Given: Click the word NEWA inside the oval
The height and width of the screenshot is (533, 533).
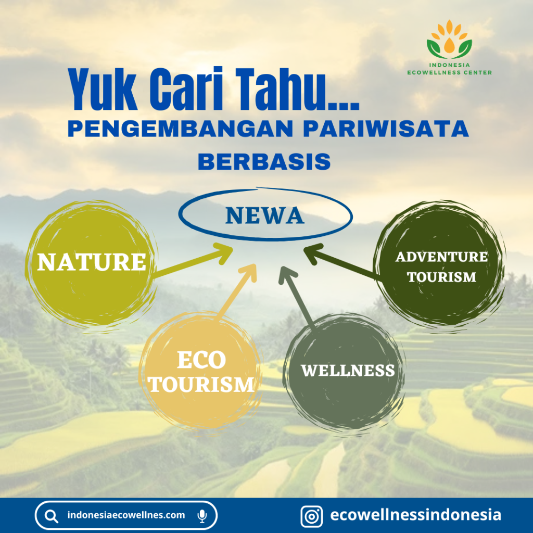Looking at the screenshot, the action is coord(264,215).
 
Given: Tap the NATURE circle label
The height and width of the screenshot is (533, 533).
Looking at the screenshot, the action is coord(92,262).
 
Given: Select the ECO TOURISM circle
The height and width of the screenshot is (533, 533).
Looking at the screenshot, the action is coord(200,371).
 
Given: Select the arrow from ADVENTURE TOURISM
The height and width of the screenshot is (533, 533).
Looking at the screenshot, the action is coord(341,262).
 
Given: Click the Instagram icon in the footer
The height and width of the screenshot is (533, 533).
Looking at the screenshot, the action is coord(311,516).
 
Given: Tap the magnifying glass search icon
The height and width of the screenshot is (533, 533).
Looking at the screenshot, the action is coord(52,516).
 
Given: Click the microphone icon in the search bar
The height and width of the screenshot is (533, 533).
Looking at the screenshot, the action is coord(202,516).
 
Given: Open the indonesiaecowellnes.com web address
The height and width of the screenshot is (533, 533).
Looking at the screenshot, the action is coord(126,515).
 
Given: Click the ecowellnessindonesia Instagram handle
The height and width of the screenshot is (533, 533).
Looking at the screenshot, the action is coord(415,515).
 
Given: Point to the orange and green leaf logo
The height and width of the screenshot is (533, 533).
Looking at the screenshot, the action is coord(449,39).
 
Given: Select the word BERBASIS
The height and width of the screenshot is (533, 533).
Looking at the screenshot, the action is coord(264,161).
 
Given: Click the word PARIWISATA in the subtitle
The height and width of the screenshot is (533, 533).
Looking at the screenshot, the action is coord(386,129).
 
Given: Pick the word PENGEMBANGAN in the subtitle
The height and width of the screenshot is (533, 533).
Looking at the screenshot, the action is coord(181,129).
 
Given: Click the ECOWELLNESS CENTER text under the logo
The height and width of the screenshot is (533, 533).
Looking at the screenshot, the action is coord(449,72).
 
